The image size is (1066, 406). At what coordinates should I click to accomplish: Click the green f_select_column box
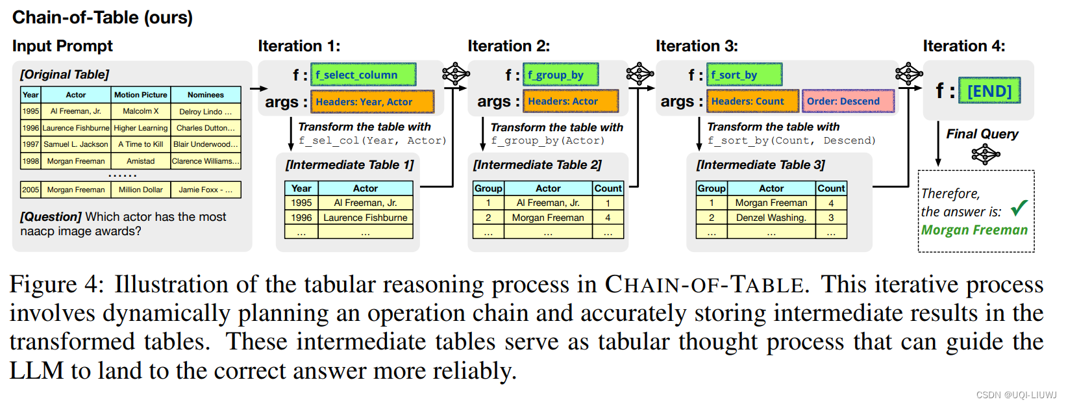coord(363,75)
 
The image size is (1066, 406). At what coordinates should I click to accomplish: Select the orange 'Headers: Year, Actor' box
coord(372,102)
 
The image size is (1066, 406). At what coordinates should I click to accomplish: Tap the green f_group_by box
coord(562,75)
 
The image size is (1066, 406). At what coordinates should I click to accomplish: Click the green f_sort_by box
coord(744,75)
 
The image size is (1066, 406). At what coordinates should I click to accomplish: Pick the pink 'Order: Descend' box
coord(847,101)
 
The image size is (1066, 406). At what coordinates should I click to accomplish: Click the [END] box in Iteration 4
coord(989,91)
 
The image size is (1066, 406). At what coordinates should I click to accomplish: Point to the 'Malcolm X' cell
coord(141,111)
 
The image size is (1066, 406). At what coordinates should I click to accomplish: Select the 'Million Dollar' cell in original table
coord(141,190)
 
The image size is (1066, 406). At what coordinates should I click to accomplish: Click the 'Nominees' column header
coord(205,95)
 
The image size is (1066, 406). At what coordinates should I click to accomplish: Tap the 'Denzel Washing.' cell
coord(771,218)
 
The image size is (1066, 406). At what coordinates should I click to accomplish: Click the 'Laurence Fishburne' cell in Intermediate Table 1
coord(366,218)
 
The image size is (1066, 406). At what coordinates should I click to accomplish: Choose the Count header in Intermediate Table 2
coord(608,188)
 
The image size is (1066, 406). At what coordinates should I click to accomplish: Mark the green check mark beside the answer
coord(1019,208)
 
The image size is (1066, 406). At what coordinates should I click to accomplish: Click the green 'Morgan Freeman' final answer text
coord(974,230)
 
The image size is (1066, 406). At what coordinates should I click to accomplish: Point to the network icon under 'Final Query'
coord(985,155)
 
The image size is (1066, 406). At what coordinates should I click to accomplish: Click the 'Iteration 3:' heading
coord(696,46)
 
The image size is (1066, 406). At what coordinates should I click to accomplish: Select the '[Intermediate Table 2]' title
coord(537,165)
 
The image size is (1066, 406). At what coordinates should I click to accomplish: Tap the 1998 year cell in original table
coord(31,161)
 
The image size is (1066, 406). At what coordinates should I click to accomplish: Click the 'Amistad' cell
coord(141,161)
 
